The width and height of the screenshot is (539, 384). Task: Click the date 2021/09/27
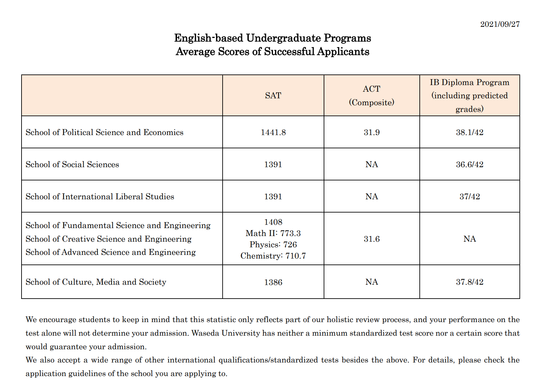point(500,24)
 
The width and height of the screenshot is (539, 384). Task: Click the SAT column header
point(273,96)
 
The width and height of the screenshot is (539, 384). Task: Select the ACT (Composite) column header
point(371,96)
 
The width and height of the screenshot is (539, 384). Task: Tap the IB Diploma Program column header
point(469,96)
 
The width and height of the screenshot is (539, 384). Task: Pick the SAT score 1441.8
point(273,132)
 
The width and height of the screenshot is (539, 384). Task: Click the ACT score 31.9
point(371,132)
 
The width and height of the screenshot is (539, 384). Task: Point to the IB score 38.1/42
point(469,132)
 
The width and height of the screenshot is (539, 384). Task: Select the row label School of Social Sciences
point(72,165)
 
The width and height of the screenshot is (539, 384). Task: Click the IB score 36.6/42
point(469,165)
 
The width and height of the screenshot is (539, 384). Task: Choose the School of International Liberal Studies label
point(100,197)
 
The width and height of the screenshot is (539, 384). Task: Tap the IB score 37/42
point(469,197)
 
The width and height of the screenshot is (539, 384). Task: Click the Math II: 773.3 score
point(273,233)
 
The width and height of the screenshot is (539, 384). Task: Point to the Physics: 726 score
point(273,245)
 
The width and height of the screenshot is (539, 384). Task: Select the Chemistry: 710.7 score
point(273,256)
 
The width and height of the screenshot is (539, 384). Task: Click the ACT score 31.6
point(371,239)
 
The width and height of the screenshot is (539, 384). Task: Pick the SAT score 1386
point(273,282)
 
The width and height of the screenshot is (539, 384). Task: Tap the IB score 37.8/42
point(469,282)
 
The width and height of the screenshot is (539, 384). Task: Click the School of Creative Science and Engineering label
point(108,239)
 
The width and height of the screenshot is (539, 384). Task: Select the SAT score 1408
point(273,222)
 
